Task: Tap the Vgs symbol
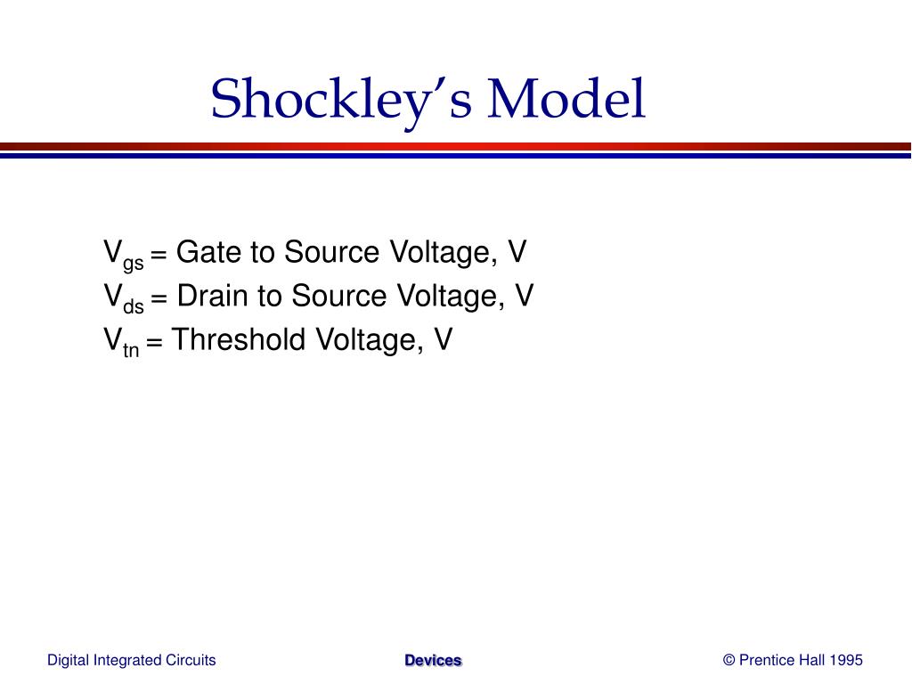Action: coord(123,255)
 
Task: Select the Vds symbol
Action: coord(123,297)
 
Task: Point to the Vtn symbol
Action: coord(121,341)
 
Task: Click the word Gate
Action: coord(209,253)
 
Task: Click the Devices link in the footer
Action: coord(433,660)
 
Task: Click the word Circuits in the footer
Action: coord(191,660)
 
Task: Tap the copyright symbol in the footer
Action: coord(729,660)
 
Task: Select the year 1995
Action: coord(846,660)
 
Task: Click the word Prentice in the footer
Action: coord(765,660)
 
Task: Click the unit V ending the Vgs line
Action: coord(517,253)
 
